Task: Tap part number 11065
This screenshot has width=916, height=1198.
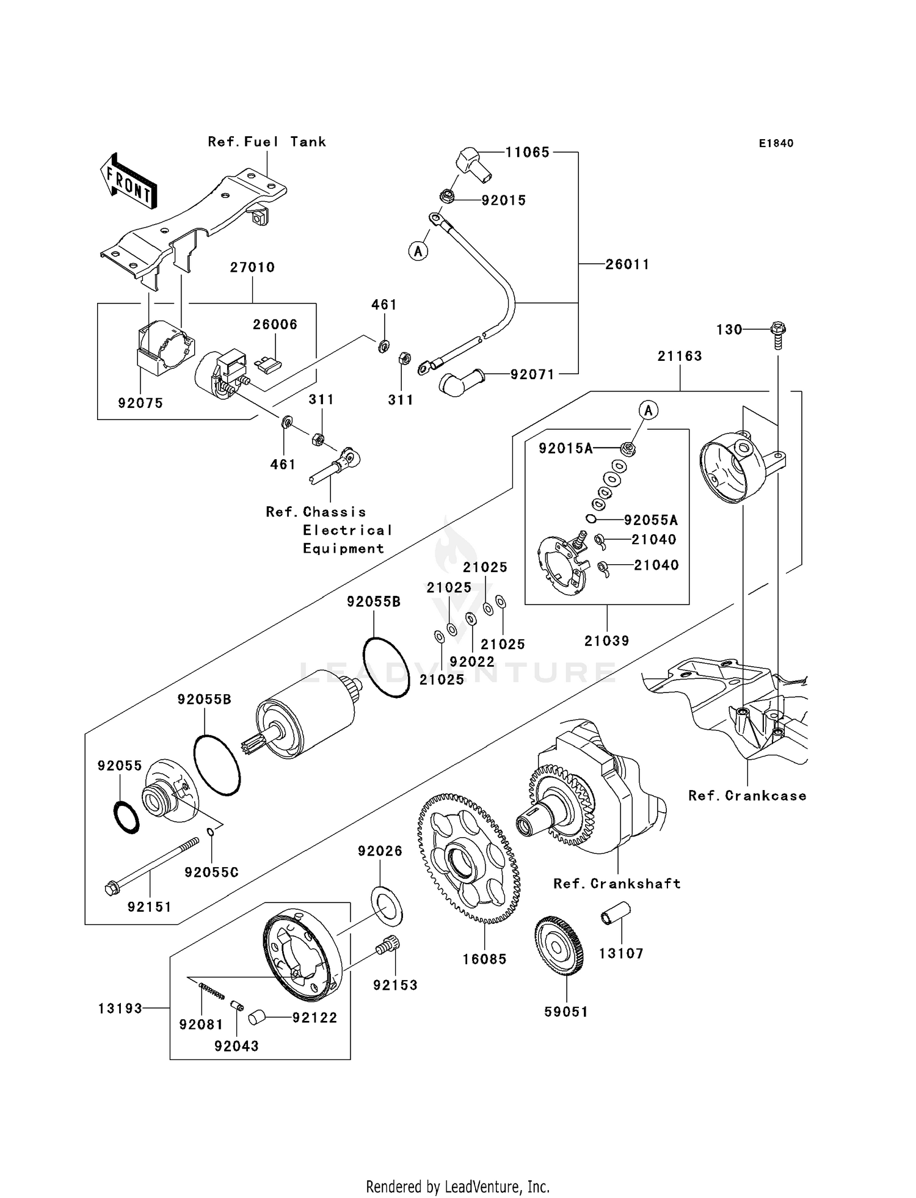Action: coord(527,152)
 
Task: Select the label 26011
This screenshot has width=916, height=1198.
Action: coord(627,264)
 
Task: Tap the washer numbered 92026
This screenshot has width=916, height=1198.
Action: coord(387,906)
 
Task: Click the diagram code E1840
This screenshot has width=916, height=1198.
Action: coord(776,143)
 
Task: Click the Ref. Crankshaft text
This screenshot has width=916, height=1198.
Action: coord(617,884)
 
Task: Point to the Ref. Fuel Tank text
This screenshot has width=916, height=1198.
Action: coord(267,142)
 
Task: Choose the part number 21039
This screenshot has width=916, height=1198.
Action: coord(606,641)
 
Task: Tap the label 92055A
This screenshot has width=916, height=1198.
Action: coord(650,520)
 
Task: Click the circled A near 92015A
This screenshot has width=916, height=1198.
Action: coord(649,411)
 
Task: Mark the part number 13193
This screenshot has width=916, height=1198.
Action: coord(120,1008)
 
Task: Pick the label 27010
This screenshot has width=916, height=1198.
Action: coord(252,267)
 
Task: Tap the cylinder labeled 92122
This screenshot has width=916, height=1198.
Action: coord(256,1018)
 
